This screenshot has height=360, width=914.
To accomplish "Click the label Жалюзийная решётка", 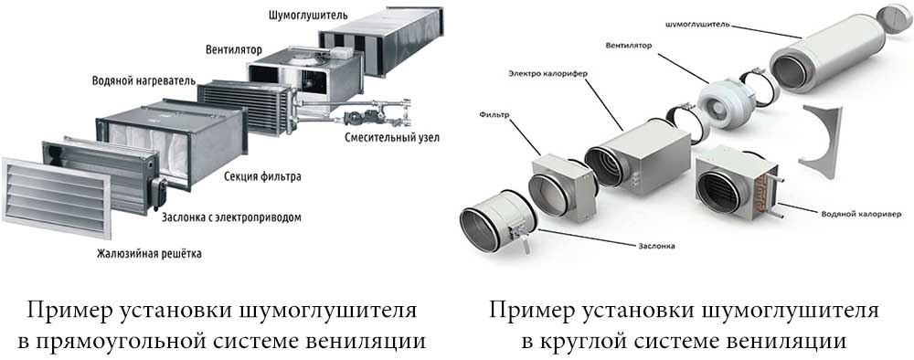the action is (149, 254).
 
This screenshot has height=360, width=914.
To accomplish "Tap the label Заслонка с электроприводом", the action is (231, 217).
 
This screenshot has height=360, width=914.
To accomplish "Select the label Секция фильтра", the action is (262, 176).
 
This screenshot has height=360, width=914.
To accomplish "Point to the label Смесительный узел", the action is (392, 138).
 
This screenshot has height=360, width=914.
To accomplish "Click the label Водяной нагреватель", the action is (143, 79).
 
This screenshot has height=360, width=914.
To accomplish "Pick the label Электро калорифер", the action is (547, 74).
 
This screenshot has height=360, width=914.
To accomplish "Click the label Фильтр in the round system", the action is (495, 115).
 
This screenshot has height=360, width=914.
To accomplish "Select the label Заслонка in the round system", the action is (655, 247).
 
